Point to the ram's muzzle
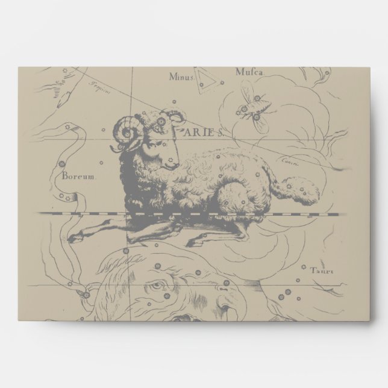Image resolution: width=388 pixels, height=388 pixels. pyautogui.click(x=175, y=158)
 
